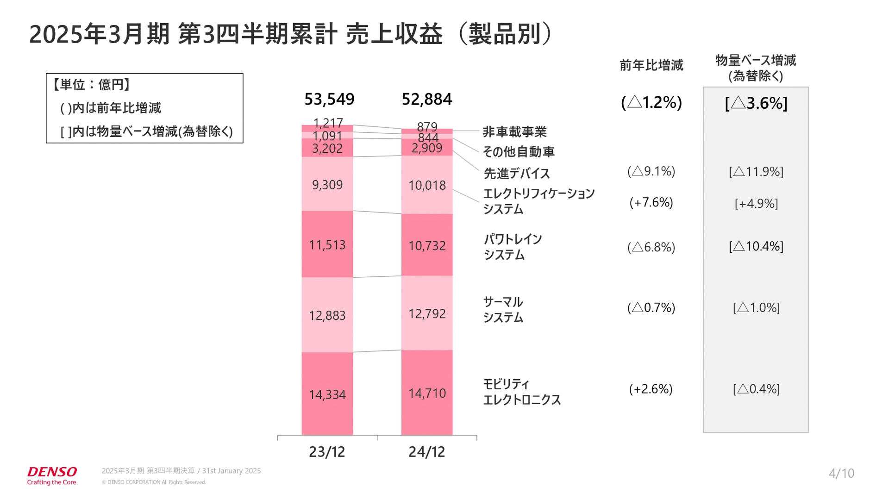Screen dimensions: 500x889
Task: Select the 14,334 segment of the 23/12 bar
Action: (327, 394)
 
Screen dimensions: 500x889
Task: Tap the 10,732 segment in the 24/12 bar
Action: (426, 245)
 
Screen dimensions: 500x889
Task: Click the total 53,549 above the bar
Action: (329, 99)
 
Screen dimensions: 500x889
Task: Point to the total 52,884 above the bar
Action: (426, 99)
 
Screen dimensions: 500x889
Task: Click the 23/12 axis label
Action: (327, 452)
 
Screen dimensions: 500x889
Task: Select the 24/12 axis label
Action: (426, 452)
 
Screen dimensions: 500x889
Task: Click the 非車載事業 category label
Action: (514, 132)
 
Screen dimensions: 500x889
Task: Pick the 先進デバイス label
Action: (516, 174)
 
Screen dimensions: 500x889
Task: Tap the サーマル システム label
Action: (503, 310)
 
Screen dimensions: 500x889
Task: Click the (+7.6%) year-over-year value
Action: (651, 203)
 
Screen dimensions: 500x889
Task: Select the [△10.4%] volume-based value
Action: (756, 246)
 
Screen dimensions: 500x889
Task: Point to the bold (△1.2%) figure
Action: (651, 102)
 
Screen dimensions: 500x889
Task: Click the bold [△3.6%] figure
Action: (756, 103)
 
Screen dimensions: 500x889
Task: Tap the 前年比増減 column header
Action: (651, 65)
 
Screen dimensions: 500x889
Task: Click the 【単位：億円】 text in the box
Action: (91, 85)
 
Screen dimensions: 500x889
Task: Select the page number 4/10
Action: (841, 473)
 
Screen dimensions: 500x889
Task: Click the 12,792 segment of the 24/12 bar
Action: (426, 314)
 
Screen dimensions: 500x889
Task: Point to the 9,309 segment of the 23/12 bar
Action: (327, 185)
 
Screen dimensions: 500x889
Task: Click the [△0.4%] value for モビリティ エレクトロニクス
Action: (756, 389)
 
